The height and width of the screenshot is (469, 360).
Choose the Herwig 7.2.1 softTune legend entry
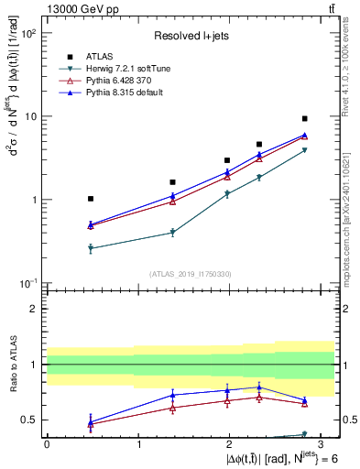[x=138, y=68]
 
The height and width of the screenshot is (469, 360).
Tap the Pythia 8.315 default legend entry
[x=135, y=93]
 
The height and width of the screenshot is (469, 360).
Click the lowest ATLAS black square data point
[x=90, y=199]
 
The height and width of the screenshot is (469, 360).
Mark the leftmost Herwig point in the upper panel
[x=90, y=248]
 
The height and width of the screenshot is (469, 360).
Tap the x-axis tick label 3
[x=322, y=442]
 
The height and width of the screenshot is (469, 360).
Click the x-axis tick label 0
[x=47, y=442]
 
